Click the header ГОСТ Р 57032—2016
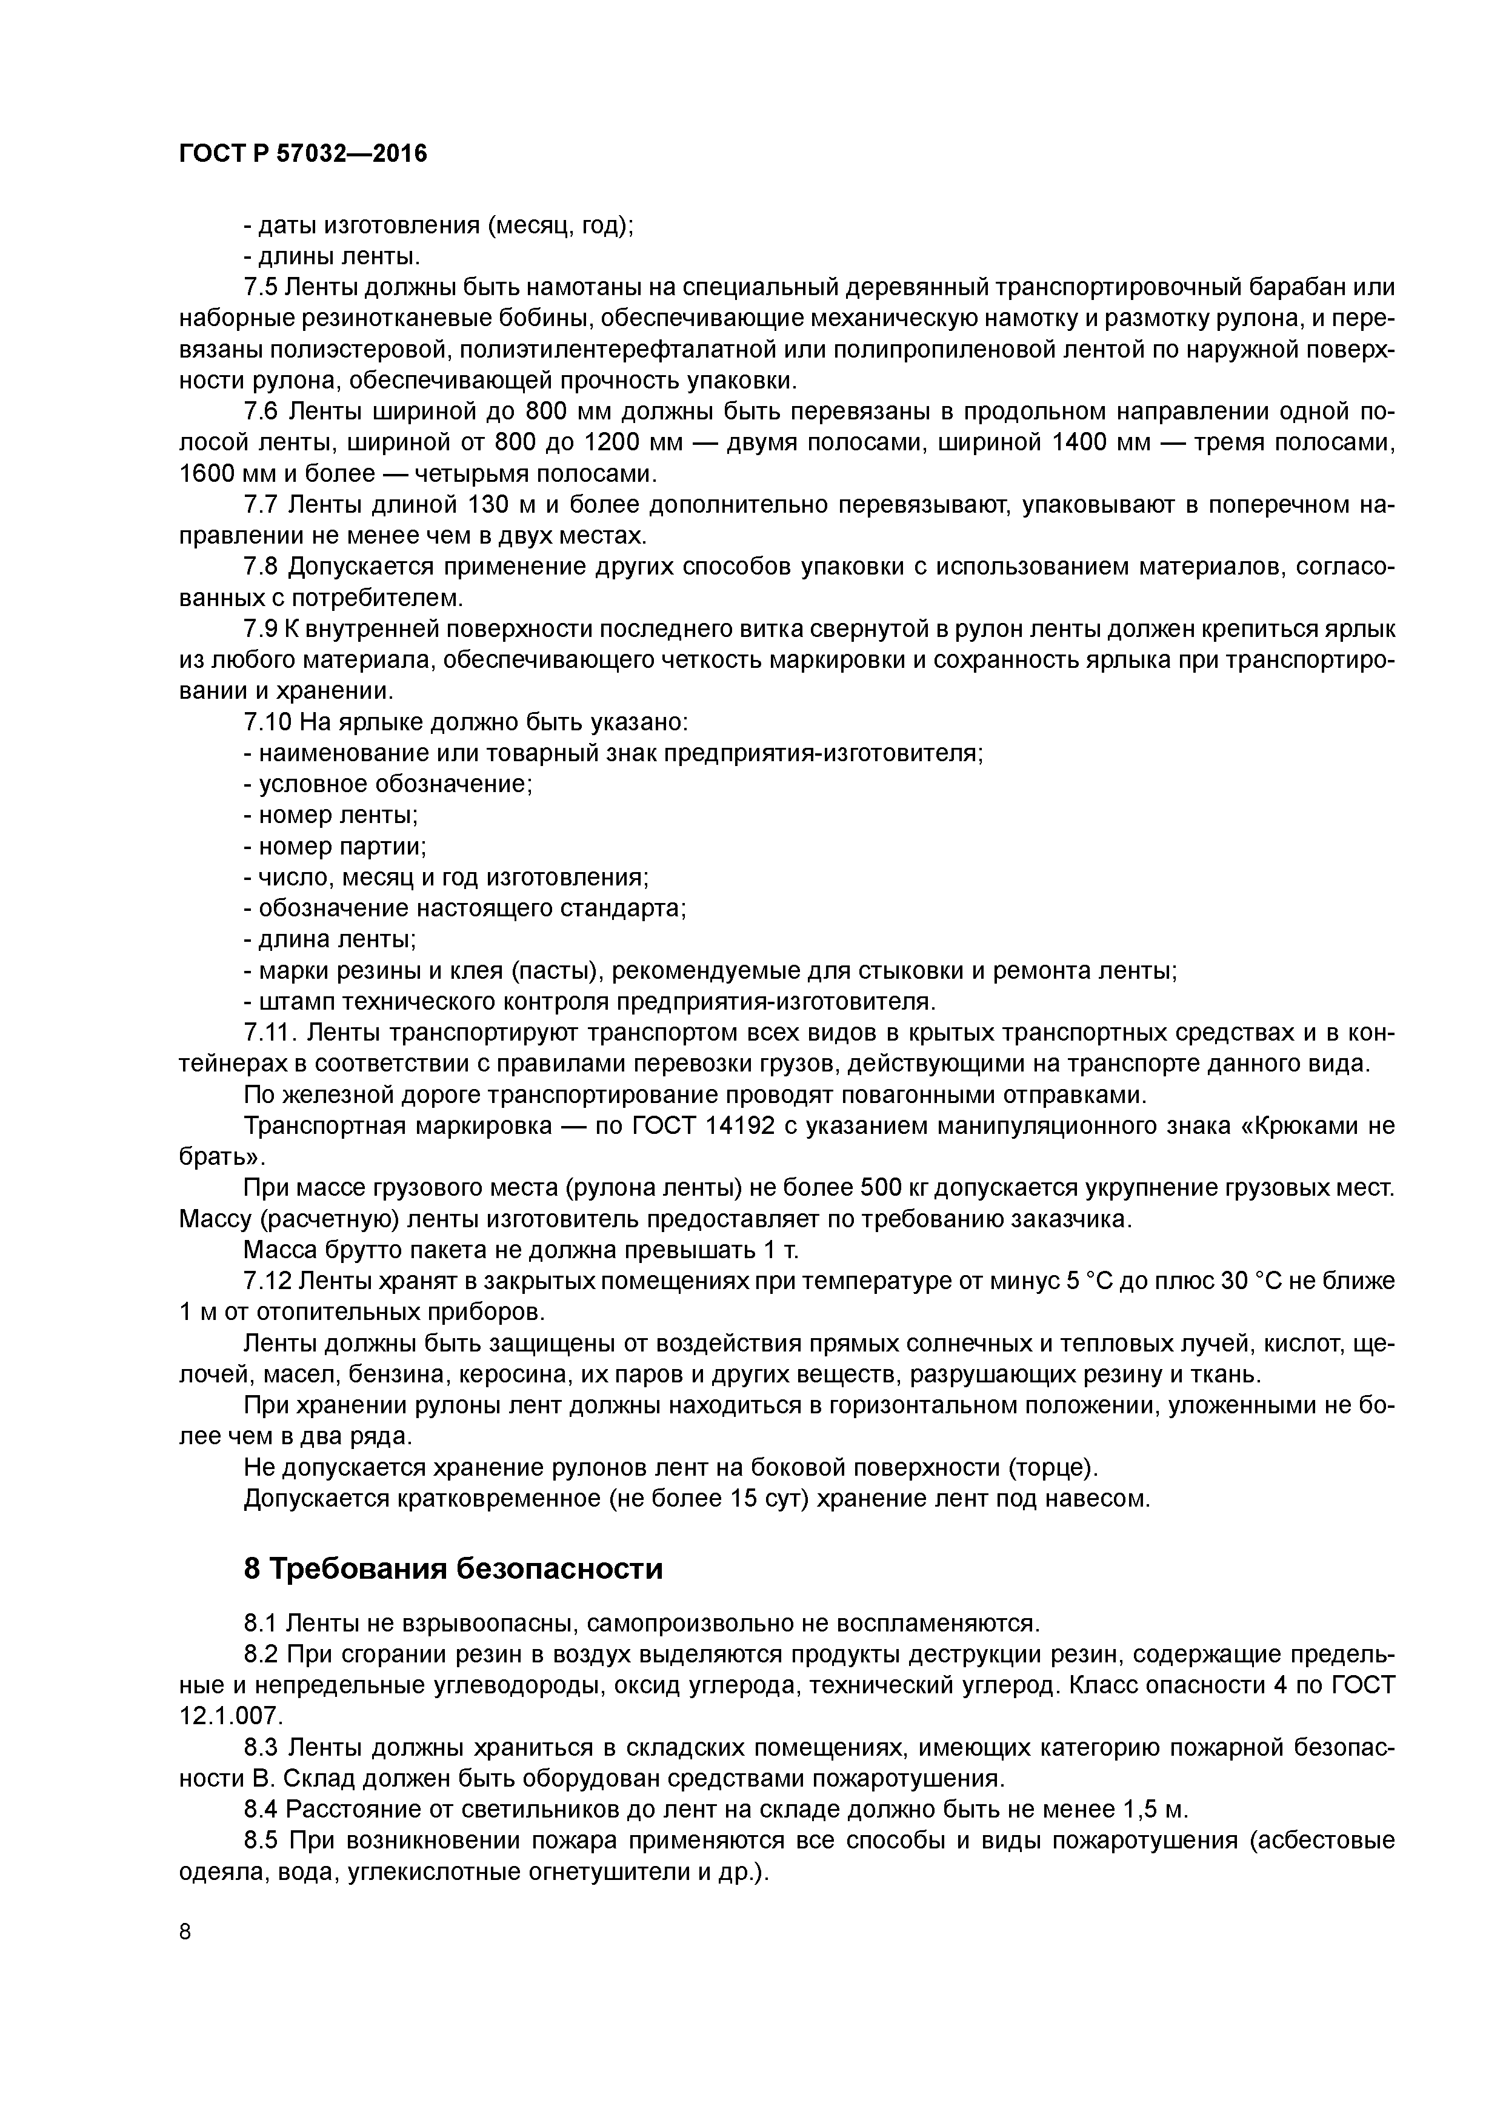tap(303, 154)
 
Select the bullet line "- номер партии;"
tap(335, 846)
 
